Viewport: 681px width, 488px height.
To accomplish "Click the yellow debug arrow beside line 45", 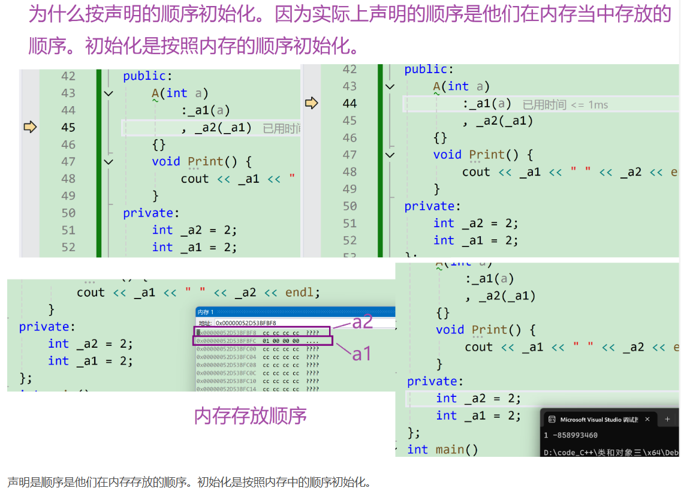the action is coord(30,127).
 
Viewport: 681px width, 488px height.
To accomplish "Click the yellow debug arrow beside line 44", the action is coord(311,103).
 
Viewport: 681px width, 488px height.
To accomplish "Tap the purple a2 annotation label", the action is coord(362,322).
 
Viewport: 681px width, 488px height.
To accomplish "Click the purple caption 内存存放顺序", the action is coord(250,415).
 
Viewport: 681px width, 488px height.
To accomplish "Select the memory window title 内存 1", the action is coord(206,312).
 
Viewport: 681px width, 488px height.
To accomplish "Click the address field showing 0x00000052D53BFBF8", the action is coord(246,323).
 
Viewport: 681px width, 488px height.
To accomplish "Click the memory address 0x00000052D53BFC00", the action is coord(226,349).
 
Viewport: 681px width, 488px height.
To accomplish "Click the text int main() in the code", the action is coord(442,450).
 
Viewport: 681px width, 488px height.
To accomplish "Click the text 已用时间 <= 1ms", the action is coord(565,105).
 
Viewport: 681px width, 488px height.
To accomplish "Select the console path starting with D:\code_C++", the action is coord(611,453).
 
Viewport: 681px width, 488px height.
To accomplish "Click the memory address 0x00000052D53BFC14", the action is coord(226,388).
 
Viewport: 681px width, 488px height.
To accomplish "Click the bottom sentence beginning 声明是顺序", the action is coord(189,481).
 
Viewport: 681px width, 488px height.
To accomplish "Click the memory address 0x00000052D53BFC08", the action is coord(226,365).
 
